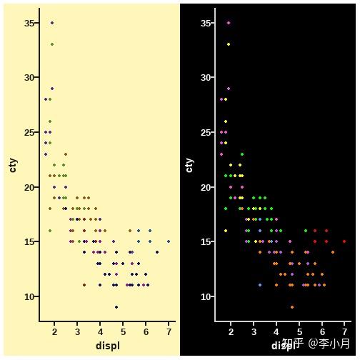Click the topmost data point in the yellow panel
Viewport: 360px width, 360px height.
pyautogui.click(x=51, y=23)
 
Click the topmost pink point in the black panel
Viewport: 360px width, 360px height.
pyautogui.click(x=229, y=23)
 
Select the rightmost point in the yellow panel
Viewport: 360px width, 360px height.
pyautogui.click(x=169, y=241)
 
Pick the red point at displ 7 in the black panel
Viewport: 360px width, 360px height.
pyautogui.click(x=344, y=241)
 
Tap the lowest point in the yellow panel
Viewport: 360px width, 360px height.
pyautogui.click(x=116, y=307)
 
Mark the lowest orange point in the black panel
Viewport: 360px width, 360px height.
pyautogui.click(x=292, y=307)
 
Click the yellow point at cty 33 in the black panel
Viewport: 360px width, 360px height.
pyautogui.click(x=229, y=44)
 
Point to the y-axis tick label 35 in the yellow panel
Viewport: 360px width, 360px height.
pyautogui.click(x=29, y=23)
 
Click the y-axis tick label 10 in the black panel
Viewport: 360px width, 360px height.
pyautogui.click(x=206, y=296)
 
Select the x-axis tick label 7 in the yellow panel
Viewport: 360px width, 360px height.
pyautogui.click(x=169, y=332)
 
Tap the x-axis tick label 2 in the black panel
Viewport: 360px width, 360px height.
pyautogui.click(x=231, y=332)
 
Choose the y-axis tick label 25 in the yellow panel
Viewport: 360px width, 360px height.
pyautogui.click(x=29, y=132)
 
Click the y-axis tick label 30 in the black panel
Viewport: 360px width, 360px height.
pyautogui.click(x=206, y=77)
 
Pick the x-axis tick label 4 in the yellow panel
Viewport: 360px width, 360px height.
pyautogui.click(x=100, y=332)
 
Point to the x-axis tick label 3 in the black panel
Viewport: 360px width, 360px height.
pyautogui.click(x=254, y=332)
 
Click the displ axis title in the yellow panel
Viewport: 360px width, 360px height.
pyautogui.click(x=108, y=346)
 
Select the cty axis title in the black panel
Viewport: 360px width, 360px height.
pyautogui.click(x=189, y=165)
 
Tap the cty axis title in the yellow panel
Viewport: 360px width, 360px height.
pyautogui.click(x=13, y=165)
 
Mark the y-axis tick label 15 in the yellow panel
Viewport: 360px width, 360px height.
pyautogui.click(x=29, y=241)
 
